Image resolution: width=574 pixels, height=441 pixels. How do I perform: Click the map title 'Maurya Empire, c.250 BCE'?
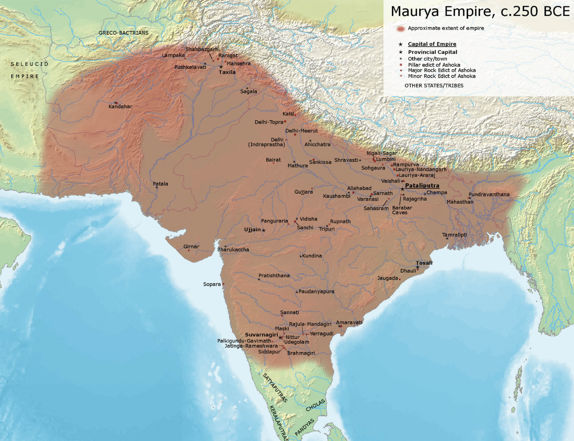[x=480, y=11]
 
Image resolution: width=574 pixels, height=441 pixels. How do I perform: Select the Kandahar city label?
[x=120, y=107]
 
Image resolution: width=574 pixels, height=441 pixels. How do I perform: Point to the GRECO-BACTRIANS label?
[x=123, y=33]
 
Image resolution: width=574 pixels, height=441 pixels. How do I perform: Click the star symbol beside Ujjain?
[x=264, y=230]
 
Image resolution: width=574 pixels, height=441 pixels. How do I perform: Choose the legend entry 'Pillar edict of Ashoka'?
[x=434, y=65]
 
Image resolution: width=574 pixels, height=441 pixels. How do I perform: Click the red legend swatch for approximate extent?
[x=400, y=29]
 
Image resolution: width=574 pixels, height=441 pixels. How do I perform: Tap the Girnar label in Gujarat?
[x=191, y=247]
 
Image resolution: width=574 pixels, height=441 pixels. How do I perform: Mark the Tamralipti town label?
[x=455, y=235]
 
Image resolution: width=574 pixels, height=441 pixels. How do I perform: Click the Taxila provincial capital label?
[x=227, y=72]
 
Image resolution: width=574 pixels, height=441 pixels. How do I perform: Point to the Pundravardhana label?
[x=489, y=194]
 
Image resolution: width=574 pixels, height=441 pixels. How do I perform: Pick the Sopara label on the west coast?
[x=212, y=284]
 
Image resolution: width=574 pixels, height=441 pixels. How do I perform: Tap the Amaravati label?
[x=349, y=322]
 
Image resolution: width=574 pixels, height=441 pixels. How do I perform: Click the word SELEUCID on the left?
[x=30, y=64]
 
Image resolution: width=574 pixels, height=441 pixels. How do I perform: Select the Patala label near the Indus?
[x=161, y=184]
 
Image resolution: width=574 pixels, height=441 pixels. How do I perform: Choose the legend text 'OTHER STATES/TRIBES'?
[x=434, y=85]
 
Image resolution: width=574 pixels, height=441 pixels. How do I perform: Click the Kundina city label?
[x=312, y=256]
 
